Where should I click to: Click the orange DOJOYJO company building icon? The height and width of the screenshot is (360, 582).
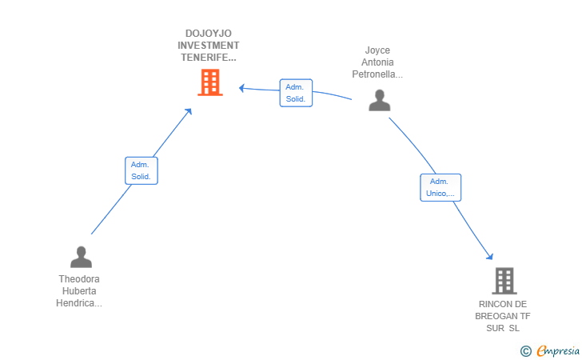click(209, 82)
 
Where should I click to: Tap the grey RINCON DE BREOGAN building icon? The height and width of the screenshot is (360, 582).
click(504, 281)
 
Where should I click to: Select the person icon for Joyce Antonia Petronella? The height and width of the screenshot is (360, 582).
click(380, 100)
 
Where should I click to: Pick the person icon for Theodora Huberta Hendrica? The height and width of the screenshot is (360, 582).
click(81, 257)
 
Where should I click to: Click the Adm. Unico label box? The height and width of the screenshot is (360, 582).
click(440, 187)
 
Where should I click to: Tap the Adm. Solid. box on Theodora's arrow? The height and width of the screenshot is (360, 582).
click(141, 170)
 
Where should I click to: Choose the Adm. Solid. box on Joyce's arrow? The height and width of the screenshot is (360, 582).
click(296, 93)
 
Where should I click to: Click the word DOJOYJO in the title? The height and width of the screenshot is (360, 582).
click(209, 34)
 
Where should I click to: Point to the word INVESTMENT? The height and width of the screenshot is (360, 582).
click(209, 46)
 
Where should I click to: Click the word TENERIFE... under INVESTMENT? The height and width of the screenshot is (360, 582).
click(209, 58)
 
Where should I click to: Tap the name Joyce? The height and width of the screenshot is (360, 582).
click(377, 50)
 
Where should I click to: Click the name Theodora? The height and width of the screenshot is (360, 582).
click(79, 279)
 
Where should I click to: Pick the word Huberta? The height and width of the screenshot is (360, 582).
click(79, 291)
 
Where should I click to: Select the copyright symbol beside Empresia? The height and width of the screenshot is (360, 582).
click(525, 350)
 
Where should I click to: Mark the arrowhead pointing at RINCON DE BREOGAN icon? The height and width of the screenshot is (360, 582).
click(490, 256)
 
